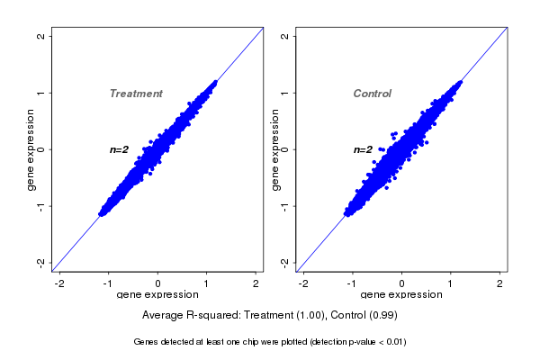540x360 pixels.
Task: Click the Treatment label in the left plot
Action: coord(136,94)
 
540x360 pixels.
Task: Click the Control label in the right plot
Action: coord(373,94)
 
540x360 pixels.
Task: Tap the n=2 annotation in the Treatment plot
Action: coord(120,149)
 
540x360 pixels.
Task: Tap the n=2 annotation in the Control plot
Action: coord(363,149)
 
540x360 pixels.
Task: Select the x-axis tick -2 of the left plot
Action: coord(59,283)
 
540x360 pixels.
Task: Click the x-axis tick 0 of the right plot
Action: coord(401,283)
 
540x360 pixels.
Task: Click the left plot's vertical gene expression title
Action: coord(31,149)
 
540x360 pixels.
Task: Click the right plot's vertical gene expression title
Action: coord(275,149)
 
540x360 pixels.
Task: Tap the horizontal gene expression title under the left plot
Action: coord(157,295)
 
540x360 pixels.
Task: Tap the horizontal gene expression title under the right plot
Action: coord(401,295)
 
